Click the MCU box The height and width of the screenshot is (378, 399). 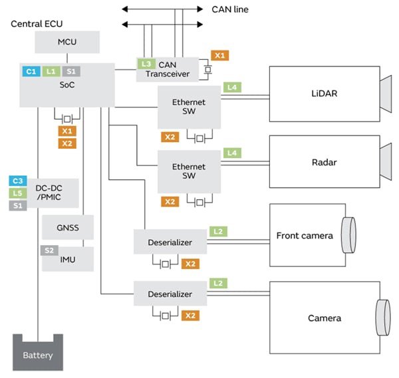(67, 43)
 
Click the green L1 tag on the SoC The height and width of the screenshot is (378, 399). (51, 70)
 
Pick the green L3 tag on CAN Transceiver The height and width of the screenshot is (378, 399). (146, 63)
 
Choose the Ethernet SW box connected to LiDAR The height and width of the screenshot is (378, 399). (189, 106)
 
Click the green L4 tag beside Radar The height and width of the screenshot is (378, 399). (232, 153)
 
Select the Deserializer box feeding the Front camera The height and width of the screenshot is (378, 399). (170, 242)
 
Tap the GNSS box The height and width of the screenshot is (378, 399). (67, 228)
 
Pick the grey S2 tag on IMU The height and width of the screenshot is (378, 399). (49, 250)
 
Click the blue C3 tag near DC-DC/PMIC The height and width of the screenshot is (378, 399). (18, 181)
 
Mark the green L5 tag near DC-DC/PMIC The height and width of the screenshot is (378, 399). (18, 193)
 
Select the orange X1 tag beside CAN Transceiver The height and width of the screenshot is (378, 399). (220, 55)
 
